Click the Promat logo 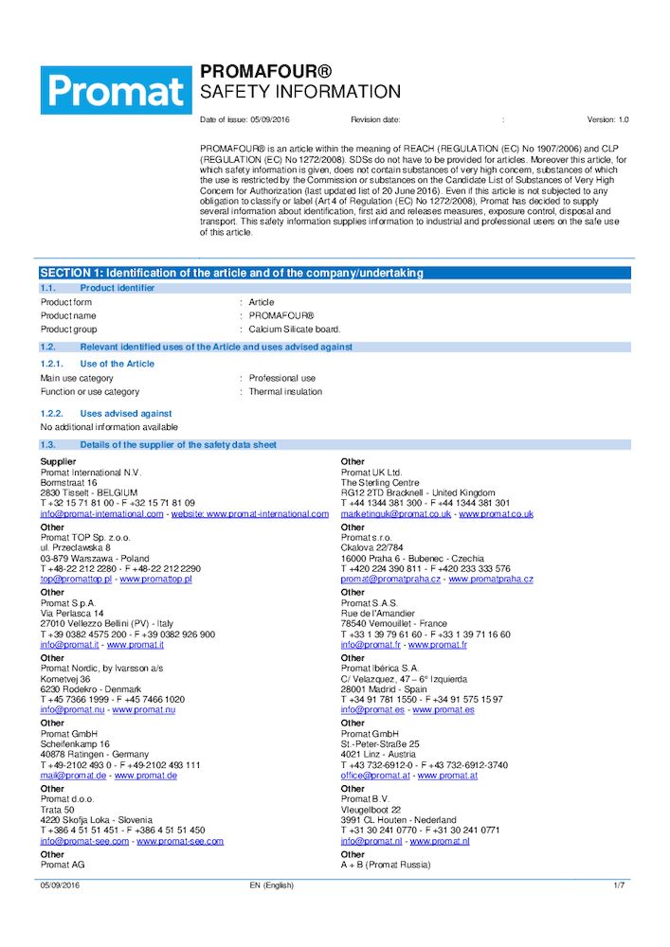116,90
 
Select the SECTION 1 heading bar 335,273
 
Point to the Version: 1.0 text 607,120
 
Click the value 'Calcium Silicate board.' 295,330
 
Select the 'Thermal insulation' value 285,391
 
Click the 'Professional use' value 282,378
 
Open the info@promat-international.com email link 101,514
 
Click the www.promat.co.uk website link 497,514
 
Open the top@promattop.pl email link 76,579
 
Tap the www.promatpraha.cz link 491,579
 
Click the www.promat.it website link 135,645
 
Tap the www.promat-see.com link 180,841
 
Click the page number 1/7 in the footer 620,885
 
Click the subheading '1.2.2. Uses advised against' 105,413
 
